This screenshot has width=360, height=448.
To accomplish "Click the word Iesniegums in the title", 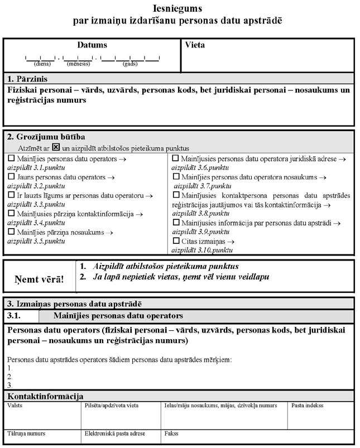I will [177, 9].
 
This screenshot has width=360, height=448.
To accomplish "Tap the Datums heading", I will [92, 45].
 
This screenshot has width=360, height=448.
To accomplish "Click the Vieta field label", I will [195, 45].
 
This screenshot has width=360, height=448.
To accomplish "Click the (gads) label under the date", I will [130, 64].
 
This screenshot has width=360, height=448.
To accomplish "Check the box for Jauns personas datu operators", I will [11, 177].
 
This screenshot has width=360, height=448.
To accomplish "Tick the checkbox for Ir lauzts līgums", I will [11, 195].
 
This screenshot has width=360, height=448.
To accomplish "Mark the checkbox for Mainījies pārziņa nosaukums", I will [11, 232].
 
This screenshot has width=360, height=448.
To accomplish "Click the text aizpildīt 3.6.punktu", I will [199, 167].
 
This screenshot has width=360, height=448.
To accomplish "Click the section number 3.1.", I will [15, 316].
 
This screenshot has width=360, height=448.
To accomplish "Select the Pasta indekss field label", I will [308, 406].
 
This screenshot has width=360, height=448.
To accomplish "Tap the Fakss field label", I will [171, 433].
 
